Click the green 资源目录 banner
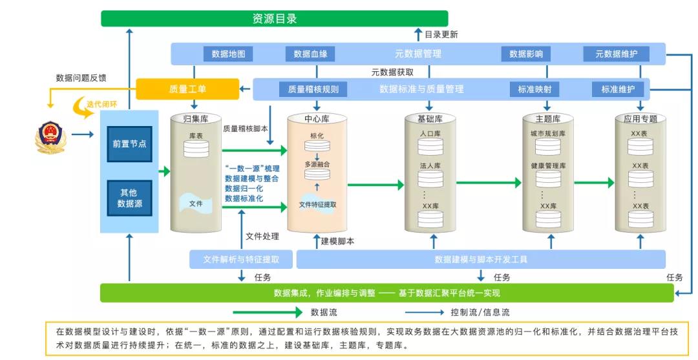pos(274,19)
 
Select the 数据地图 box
pos(228,54)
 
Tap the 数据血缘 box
pos(310,54)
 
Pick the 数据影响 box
pos(525,54)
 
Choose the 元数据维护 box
pos(616,54)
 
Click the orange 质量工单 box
pos(187,89)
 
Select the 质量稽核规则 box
pos(313,89)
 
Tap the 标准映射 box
pos(534,89)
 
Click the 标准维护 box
pos(618,89)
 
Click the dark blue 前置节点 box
pos(129,143)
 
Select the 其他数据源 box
pos(129,198)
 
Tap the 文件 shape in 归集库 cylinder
pos(196,204)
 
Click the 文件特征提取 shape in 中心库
pos(317,204)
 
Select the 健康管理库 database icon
pos(548,178)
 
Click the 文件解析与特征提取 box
pos(241,259)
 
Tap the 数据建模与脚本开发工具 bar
pos(481,259)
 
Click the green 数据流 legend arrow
pos(268,312)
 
